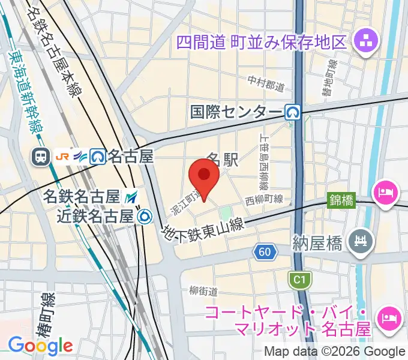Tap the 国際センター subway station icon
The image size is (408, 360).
(293, 112)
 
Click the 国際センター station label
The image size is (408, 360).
(236, 112)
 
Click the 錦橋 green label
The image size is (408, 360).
(341, 199)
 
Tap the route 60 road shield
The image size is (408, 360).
(265, 252)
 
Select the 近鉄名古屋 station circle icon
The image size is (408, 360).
(144, 215)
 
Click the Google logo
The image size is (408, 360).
(40, 345)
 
